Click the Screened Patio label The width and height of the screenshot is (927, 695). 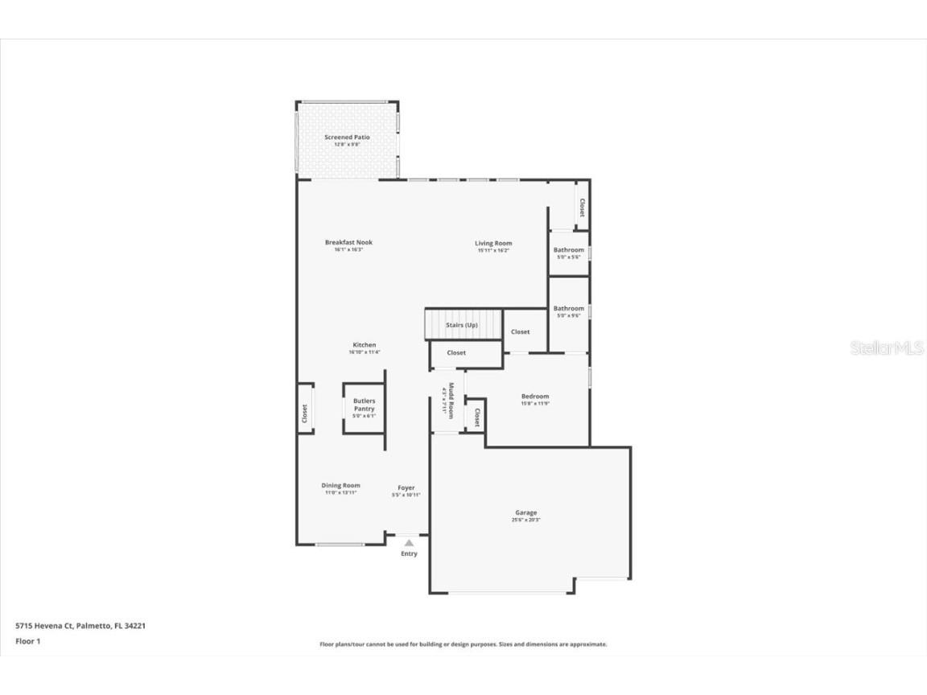click(x=347, y=138)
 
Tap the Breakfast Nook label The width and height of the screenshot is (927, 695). click(x=348, y=242)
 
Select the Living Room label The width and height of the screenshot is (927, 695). click(x=493, y=243)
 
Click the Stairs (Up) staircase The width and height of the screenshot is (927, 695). click(x=463, y=324)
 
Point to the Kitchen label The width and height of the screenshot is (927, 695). click(x=364, y=345)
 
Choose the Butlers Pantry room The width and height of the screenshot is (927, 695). click(x=364, y=407)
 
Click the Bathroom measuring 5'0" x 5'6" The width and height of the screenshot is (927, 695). click(x=568, y=253)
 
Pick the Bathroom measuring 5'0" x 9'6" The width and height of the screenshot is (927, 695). click(x=568, y=311)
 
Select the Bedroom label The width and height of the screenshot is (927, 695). click(x=535, y=396)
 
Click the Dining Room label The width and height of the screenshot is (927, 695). click(x=340, y=486)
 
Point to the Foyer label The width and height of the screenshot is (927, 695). click(x=406, y=487)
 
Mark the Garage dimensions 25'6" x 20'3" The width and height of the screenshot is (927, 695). click(x=525, y=520)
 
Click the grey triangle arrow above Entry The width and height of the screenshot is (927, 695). click(x=409, y=544)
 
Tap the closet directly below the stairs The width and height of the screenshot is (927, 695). click(x=456, y=353)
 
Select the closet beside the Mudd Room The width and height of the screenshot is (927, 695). click(x=476, y=417)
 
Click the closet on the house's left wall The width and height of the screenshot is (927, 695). click(x=305, y=413)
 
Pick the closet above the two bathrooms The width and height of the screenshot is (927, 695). click(x=581, y=207)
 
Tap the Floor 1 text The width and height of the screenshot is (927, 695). click(x=28, y=641)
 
